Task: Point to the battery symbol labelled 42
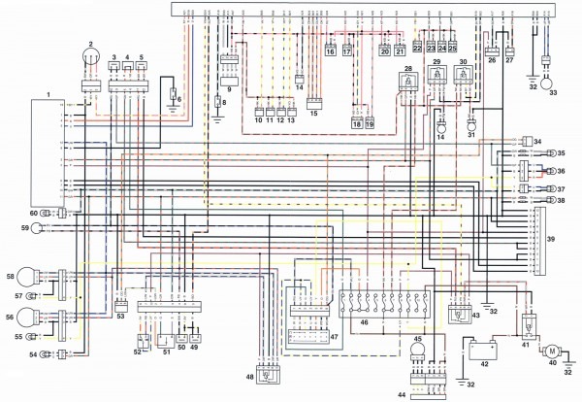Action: [x=482, y=347]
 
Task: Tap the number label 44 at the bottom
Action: [x=401, y=395]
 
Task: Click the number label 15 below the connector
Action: [x=312, y=114]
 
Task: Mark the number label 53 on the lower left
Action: [x=120, y=317]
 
